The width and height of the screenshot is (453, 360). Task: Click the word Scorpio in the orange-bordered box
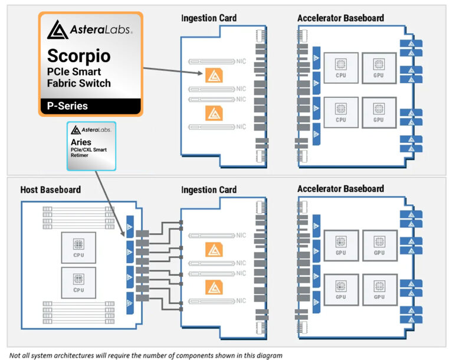[x=78, y=56]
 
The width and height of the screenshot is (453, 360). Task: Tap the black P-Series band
[x=90, y=106]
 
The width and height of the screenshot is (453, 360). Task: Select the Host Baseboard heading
[x=51, y=189]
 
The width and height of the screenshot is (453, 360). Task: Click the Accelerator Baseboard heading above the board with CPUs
[x=340, y=18]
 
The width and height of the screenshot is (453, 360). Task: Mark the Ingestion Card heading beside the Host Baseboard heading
[x=209, y=189]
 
